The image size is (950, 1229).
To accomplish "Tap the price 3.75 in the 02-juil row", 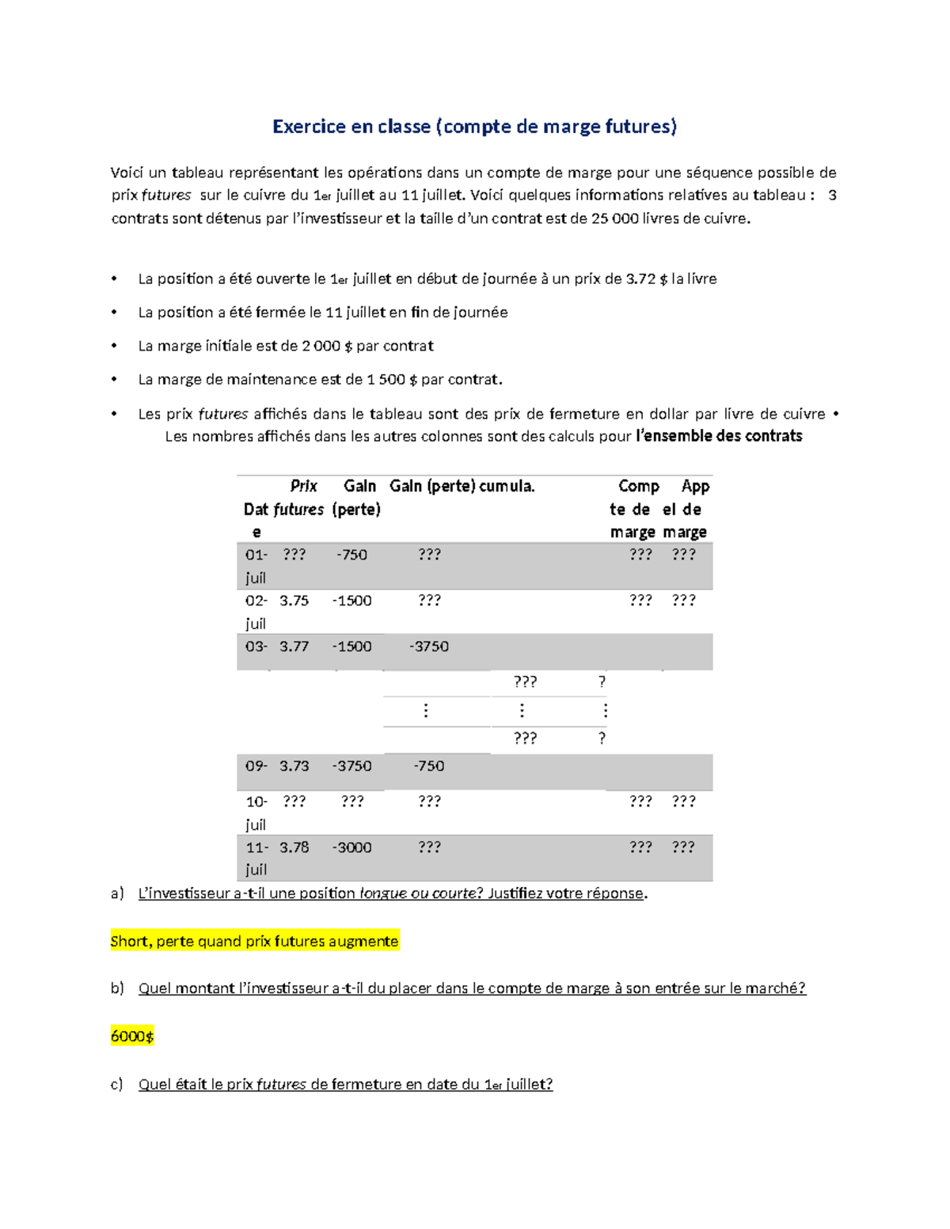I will (x=294, y=601).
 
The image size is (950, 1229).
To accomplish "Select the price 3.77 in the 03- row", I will (x=294, y=647).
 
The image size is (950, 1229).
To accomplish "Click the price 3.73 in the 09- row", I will (x=294, y=766).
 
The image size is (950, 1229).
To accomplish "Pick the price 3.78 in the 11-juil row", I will (x=294, y=848).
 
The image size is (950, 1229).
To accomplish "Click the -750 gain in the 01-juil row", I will (x=351, y=555).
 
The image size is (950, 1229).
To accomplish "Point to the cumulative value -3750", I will (x=429, y=647).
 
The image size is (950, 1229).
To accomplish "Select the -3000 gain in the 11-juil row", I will (x=351, y=848).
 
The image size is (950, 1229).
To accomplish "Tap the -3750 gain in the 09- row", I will (x=351, y=766).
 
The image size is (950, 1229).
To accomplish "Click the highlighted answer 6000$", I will (x=132, y=1036).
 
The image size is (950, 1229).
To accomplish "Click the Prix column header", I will (x=303, y=486).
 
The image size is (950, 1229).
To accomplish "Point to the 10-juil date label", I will (x=256, y=813).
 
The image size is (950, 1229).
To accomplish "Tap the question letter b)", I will (x=117, y=988).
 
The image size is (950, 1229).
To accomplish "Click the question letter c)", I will (x=117, y=1084).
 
